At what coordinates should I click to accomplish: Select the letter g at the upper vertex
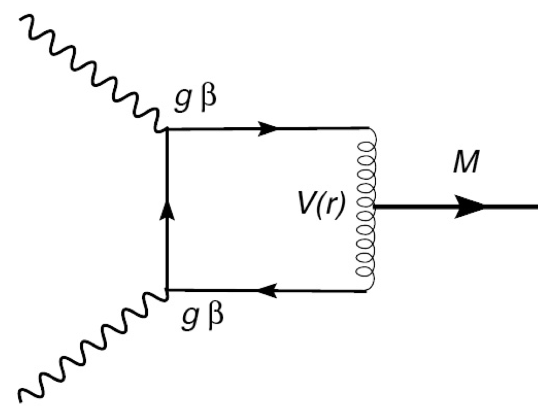click(182, 104)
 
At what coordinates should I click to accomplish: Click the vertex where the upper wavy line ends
click(167, 130)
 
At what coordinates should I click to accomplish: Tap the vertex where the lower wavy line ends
click(167, 291)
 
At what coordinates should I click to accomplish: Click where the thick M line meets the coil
click(373, 207)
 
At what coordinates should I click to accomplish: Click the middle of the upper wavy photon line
click(93, 75)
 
